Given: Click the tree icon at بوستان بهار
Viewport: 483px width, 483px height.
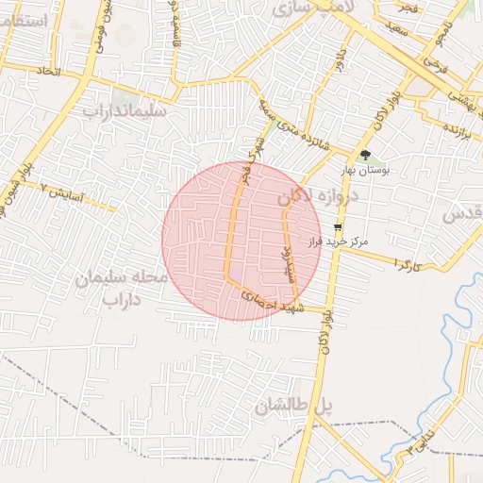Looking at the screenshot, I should click(365, 156).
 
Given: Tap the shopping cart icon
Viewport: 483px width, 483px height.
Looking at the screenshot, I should click(338, 227).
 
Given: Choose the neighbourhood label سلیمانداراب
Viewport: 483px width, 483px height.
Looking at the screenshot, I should click(125, 111).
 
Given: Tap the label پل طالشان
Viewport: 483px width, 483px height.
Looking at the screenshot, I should click(293, 407).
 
